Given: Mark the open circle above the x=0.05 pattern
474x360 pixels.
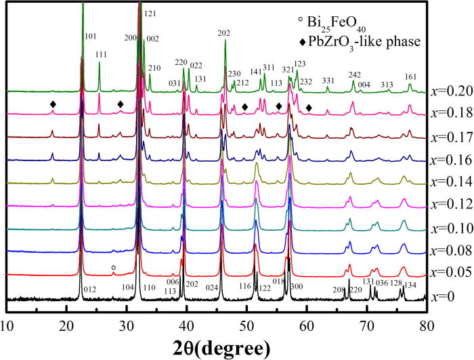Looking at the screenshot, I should point(113,269).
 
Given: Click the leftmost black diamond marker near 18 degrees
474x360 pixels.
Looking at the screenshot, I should point(53,104).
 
